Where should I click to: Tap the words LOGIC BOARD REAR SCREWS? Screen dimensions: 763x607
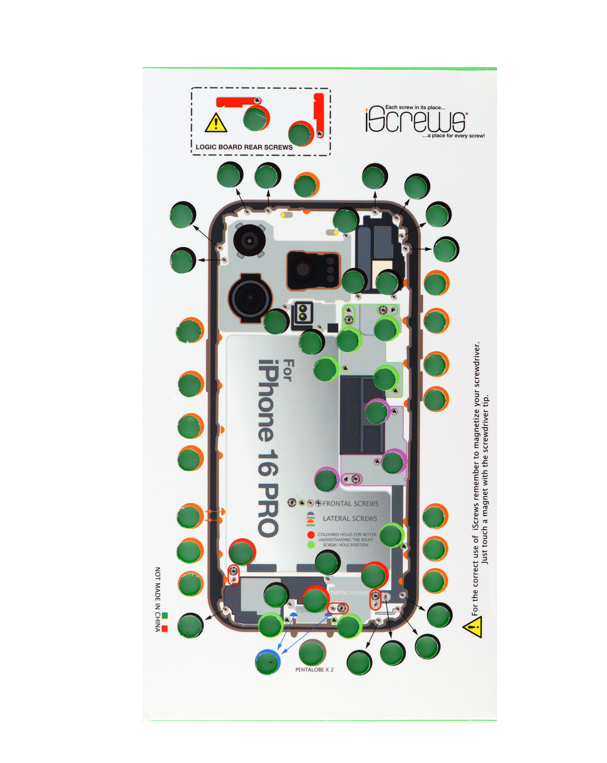[244, 147]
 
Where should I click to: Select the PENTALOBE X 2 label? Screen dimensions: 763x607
[314, 670]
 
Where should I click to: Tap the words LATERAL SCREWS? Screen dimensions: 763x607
[349, 518]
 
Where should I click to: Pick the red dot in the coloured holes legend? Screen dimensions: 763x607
[311, 535]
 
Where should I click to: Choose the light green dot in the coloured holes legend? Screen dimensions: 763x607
[311, 545]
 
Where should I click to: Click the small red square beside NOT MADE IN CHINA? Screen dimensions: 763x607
[164, 629]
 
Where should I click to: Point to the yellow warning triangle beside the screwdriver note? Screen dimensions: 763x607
[473, 627]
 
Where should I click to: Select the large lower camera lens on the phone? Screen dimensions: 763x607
[250, 297]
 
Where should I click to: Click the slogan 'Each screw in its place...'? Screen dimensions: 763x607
[415, 107]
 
